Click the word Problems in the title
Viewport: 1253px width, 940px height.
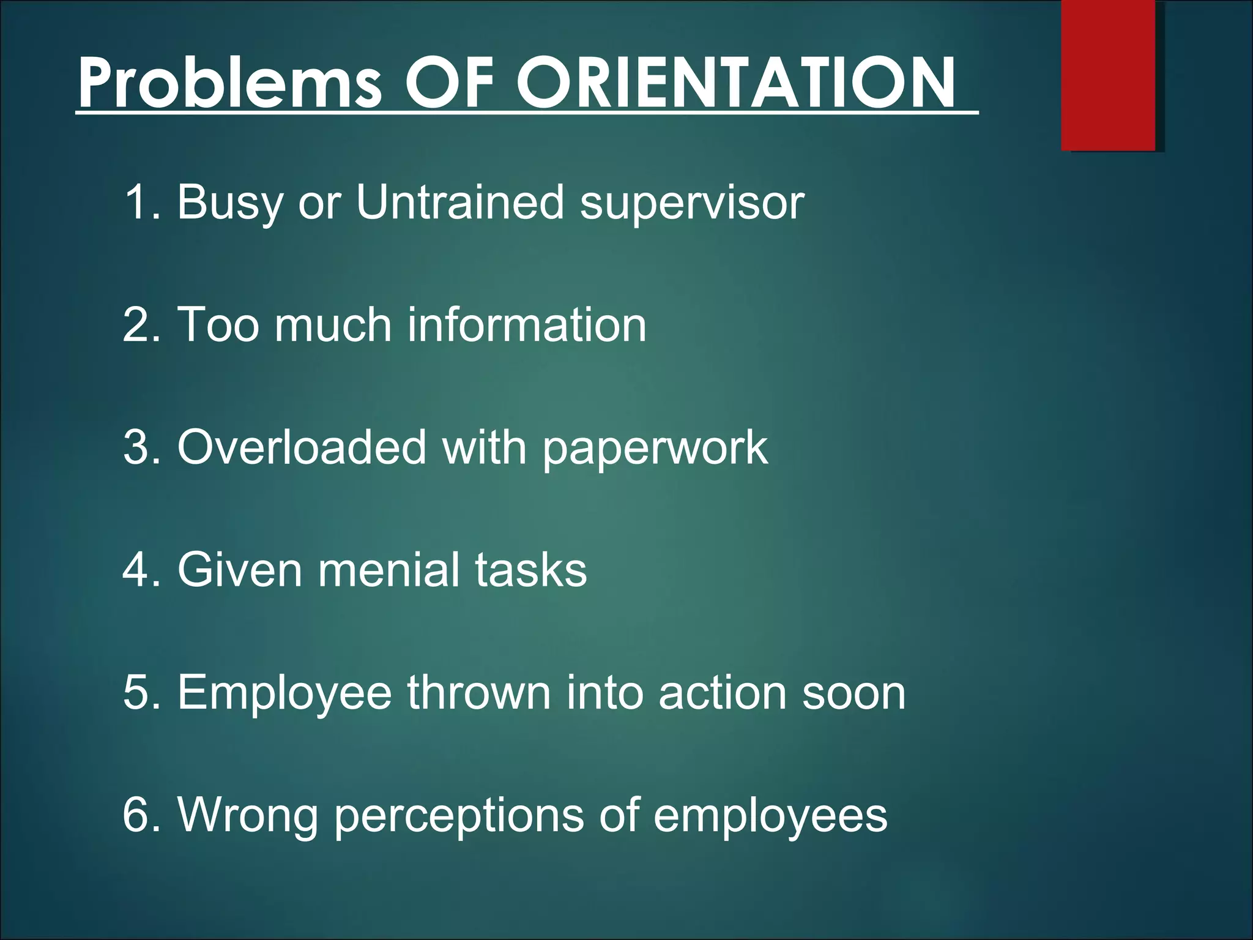229,83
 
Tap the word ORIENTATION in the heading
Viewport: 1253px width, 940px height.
735,83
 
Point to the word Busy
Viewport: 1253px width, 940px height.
230,203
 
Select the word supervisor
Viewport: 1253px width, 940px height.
692,203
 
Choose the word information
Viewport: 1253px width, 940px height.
527,325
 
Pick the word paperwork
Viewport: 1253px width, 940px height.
655,449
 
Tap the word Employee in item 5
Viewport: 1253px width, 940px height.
284,693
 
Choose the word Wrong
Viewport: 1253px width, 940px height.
248,816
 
